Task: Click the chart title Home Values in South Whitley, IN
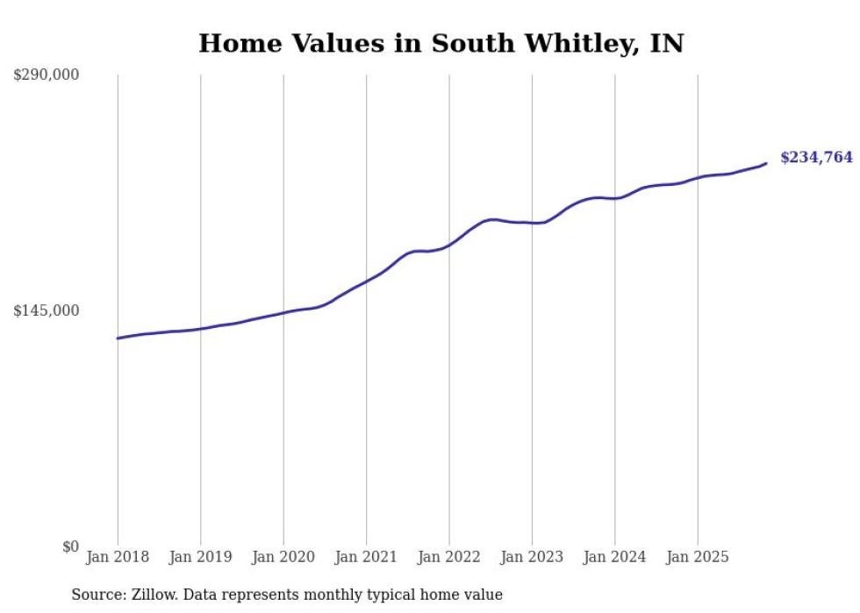[x=441, y=43]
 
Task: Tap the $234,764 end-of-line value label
[x=816, y=158]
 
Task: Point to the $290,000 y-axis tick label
[x=47, y=75]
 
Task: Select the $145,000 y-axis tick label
[x=47, y=310]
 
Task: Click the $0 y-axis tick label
[x=70, y=546]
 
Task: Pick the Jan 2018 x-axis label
[x=118, y=557]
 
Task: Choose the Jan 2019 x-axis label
[x=200, y=557]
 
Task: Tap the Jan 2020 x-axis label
[x=283, y=557]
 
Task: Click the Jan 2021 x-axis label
[x=366, y=557]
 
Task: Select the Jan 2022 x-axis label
[x=449, y=557]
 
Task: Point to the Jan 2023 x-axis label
[x=532, y=557]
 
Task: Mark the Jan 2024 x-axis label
[x=615, y=557]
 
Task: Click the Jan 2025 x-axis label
[x=698, y=557]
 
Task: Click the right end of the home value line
[x=766, y=163]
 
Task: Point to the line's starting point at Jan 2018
[x=118, y=338]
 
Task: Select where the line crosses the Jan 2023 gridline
[x=532, y=223]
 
